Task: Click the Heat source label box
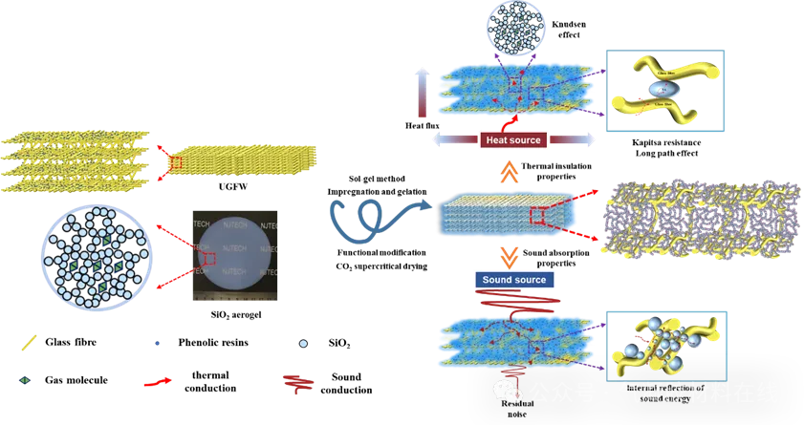click(512, 140)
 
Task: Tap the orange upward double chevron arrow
click(511, 173)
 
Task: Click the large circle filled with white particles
click(96, 256)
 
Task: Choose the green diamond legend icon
click(23, 381)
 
